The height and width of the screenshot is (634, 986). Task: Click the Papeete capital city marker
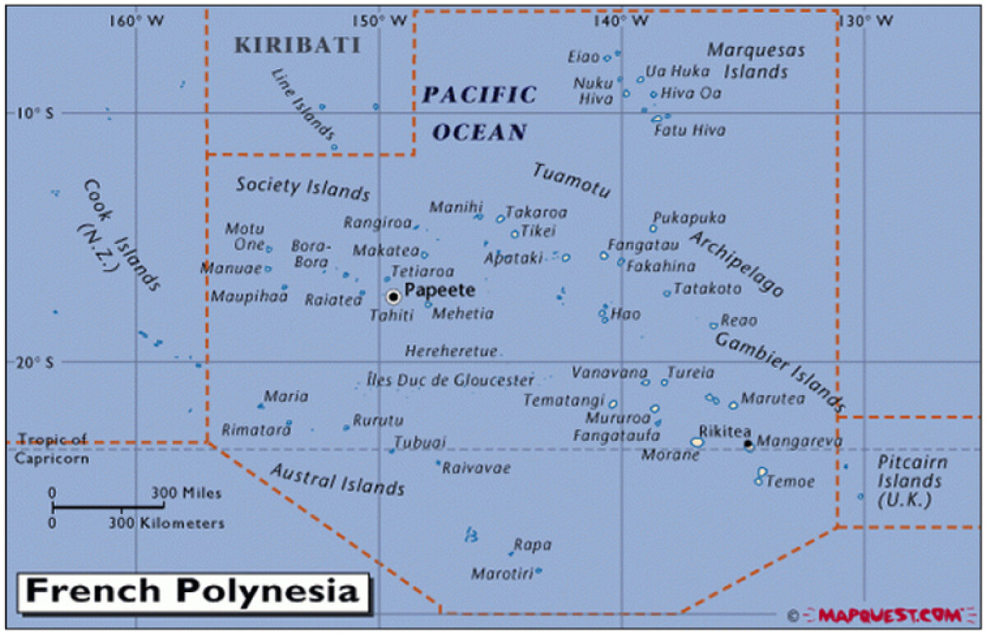click(394, 296)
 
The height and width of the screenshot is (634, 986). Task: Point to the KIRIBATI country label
click(297, 46)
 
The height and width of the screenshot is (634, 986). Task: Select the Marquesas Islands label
click(756, 61)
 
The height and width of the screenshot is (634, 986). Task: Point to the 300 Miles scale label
click(186, 493)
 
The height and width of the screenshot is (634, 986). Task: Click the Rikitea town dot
click(748, 444)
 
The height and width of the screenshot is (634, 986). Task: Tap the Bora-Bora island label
click(311, 254)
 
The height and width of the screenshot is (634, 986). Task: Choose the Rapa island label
click(532, 544)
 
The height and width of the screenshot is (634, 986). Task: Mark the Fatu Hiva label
click(689, 130)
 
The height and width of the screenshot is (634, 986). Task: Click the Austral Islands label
click(338, 479)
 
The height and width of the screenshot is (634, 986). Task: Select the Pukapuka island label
click(689, 218)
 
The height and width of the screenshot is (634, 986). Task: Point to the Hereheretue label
click(451, 351)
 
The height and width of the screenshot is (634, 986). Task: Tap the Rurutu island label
click(378, 420)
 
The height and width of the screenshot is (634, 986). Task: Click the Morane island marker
click(697, 442)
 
